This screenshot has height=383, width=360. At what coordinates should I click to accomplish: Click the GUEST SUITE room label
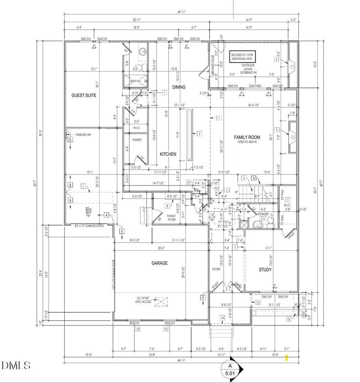tap(84, 95)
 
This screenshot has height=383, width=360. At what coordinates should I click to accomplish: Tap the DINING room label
tap(179, 87)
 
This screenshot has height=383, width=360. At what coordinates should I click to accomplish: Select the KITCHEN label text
tap(168, 154)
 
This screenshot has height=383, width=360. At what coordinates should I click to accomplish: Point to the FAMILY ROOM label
tap(247, 137)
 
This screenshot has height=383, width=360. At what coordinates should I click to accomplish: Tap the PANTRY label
tap(137, 140)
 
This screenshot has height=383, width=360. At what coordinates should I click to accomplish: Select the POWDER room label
tap(263, 214)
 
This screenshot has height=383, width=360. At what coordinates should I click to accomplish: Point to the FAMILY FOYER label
tap(159, 217)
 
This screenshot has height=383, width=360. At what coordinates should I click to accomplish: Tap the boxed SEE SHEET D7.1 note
tap(242, 56)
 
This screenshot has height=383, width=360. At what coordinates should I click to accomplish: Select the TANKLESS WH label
tap(84, 134)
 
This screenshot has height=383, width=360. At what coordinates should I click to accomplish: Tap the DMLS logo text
tap(16, 365)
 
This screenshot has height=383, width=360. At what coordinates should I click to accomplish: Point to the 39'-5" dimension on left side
tap(40, 133)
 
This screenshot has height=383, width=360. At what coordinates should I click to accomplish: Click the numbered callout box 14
tap(222, 318)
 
